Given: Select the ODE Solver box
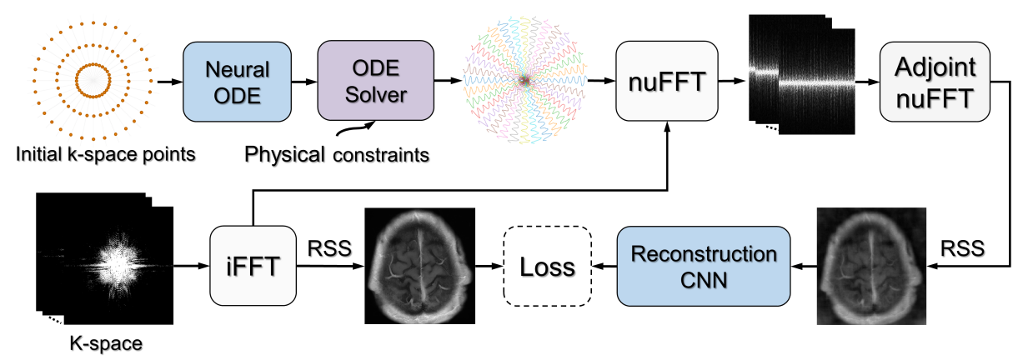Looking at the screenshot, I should [x=376, y=82].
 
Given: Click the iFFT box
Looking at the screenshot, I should [x=253, y=267].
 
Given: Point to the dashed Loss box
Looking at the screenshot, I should [x=547, y=267].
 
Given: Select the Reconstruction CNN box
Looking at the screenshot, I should [x=703, y=266].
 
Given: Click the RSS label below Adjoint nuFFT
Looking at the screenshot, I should [x=961, y=248].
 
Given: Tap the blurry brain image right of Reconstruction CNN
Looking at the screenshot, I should [x=870, y=267].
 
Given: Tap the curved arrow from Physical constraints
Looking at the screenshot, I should [x=354, y=128].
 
